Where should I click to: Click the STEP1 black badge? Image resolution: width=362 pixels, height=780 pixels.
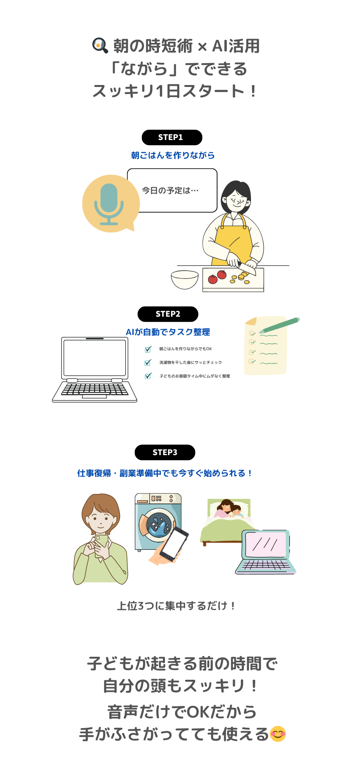[x=172, y=137]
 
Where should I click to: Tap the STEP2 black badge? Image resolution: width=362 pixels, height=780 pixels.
[x=168, y=314]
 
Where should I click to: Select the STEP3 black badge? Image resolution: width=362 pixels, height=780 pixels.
[x=165, y=452]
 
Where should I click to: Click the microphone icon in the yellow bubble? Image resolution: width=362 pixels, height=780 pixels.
[x=109, y=204]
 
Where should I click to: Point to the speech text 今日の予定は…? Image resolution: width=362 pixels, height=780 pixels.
[x=170, y=190]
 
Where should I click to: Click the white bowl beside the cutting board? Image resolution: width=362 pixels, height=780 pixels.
[x=185, y=280]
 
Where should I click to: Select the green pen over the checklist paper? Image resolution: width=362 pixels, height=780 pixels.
[x=279, y=326]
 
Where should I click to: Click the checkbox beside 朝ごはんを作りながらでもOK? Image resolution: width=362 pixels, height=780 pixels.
[x=148, y=349]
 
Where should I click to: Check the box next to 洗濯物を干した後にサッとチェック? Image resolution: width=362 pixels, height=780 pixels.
[x=148, y=363]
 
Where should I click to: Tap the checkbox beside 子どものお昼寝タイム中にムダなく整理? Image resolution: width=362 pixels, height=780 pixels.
[x=148, y=376]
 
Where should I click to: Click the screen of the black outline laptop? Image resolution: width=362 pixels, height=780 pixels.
[x=95, y=358]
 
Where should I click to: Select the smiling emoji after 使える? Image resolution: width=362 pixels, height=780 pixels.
[x=278, y=734]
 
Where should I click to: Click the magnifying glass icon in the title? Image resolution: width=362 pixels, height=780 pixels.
[x=100, y=45]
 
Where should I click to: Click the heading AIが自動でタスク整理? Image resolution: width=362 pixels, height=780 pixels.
[x=168, y=332]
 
